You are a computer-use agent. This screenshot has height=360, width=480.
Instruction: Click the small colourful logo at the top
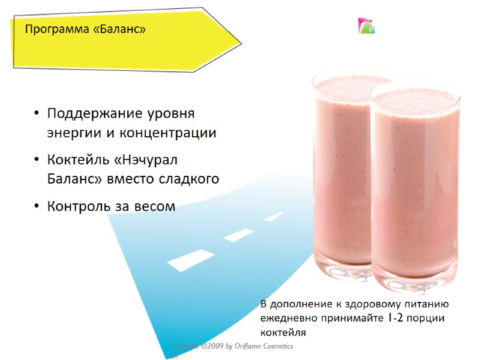tap(366, 26)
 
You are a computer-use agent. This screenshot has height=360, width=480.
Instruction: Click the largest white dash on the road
tap(191, 259)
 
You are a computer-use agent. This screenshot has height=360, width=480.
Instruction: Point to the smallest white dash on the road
tap(273, 217)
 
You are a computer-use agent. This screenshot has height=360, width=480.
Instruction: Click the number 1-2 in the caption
tap(394, 318)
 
